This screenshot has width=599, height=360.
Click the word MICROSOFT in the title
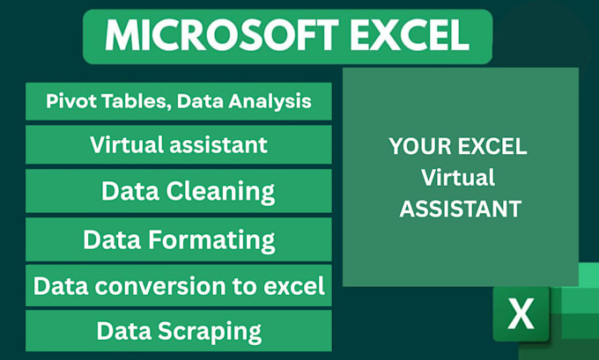pyautogui.click(x=222, y=35)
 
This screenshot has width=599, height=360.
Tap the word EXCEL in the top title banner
pyautogui.click(x=410, y=35)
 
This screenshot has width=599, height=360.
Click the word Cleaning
pyautogui.click(x=220, y=191)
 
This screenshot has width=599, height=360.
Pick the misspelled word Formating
pyautogui.click(x=211, y=240)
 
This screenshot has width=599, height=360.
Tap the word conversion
pyautogui.click(x=160, y=286)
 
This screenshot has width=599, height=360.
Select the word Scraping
pyautogui.click(x=210, y=331)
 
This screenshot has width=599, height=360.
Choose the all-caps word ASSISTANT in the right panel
pyautogui.click(x=461, y=209)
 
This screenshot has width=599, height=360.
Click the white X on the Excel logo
pyautogui.click(x=521, y=314)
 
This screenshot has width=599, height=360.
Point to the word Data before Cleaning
pyautogui.click(x=130, y=191)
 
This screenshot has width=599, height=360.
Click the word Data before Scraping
pyautogui.click(x=124, y=331)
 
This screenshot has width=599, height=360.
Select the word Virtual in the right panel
pyautogui.click(x=458, y=178)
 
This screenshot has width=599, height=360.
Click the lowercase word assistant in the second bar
pyautogui.click(x=218, y=145)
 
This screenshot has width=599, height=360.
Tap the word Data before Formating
pyautogui.click(x=112, y=239)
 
